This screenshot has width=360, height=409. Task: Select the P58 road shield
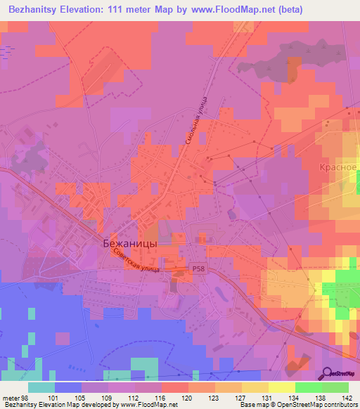pyautogui.click(x=199, y=268)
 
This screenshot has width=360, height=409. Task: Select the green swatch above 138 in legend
pyautogui.click(x=308, y=387)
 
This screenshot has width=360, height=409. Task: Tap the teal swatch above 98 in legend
pyautogui.click(x=41, y=387)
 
